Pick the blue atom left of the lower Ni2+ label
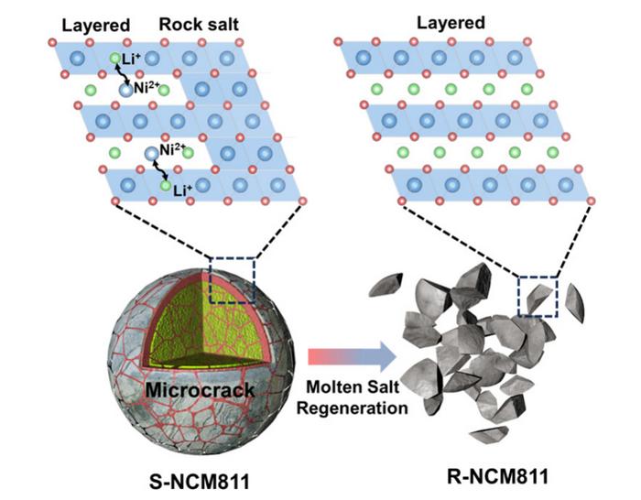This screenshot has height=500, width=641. click(148, 152)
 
